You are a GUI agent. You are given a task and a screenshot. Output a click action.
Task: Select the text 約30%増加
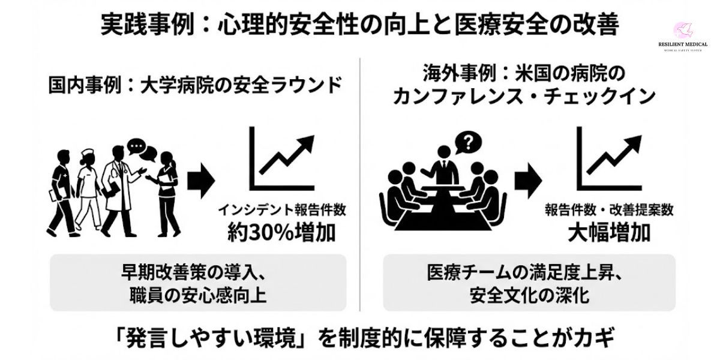pyautogui.click(x=281, y=232)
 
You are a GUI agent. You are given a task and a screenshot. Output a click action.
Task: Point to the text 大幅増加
pyautogui.click(x=609, y=232)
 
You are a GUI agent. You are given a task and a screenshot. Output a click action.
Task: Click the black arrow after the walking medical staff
pyautogui.click(x=201, y=181)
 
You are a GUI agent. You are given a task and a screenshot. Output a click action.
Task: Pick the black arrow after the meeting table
pyautogui.click(x=527, y=181)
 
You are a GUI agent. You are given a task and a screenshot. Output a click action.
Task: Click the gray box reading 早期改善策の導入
pyautogui.click(x=197, y=283)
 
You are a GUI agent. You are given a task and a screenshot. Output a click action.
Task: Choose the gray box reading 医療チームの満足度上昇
pyautogui.click(x=529, y=283)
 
